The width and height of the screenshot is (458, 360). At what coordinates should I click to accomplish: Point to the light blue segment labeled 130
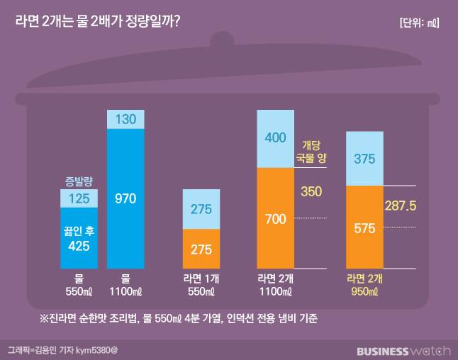tap(125, 120)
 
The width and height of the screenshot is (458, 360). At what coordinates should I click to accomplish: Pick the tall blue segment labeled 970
tap(125, 198)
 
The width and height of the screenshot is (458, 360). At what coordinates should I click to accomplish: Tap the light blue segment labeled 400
tap(275, 139)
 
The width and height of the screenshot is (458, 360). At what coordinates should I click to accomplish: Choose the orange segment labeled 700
tap(275, 218)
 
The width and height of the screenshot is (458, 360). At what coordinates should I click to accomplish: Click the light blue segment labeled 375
tap(364, 159)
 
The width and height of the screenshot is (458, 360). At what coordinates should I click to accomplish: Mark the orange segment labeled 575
tap(364, 227)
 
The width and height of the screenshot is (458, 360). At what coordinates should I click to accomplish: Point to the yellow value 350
tap(311, 191)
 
